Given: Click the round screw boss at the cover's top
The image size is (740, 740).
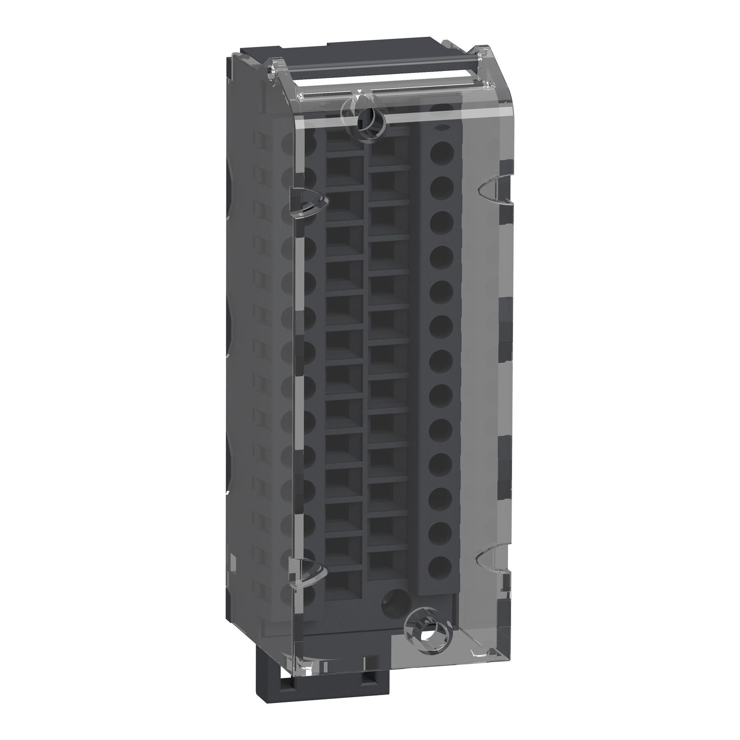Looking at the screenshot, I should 366,117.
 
